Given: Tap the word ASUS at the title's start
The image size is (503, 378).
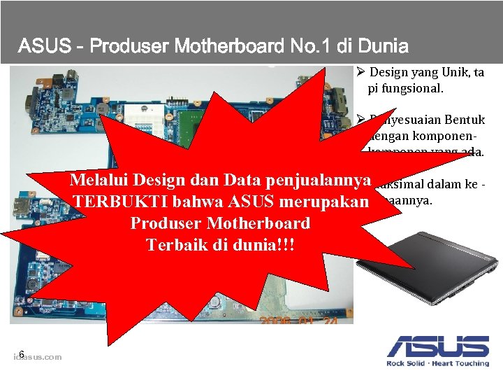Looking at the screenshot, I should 43,47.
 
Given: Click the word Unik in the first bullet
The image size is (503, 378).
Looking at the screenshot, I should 451,72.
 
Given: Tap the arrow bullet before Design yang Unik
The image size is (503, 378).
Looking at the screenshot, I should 359,72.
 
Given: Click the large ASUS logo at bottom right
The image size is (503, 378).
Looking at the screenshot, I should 438,346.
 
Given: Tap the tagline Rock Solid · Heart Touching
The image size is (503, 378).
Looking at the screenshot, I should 438,363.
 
